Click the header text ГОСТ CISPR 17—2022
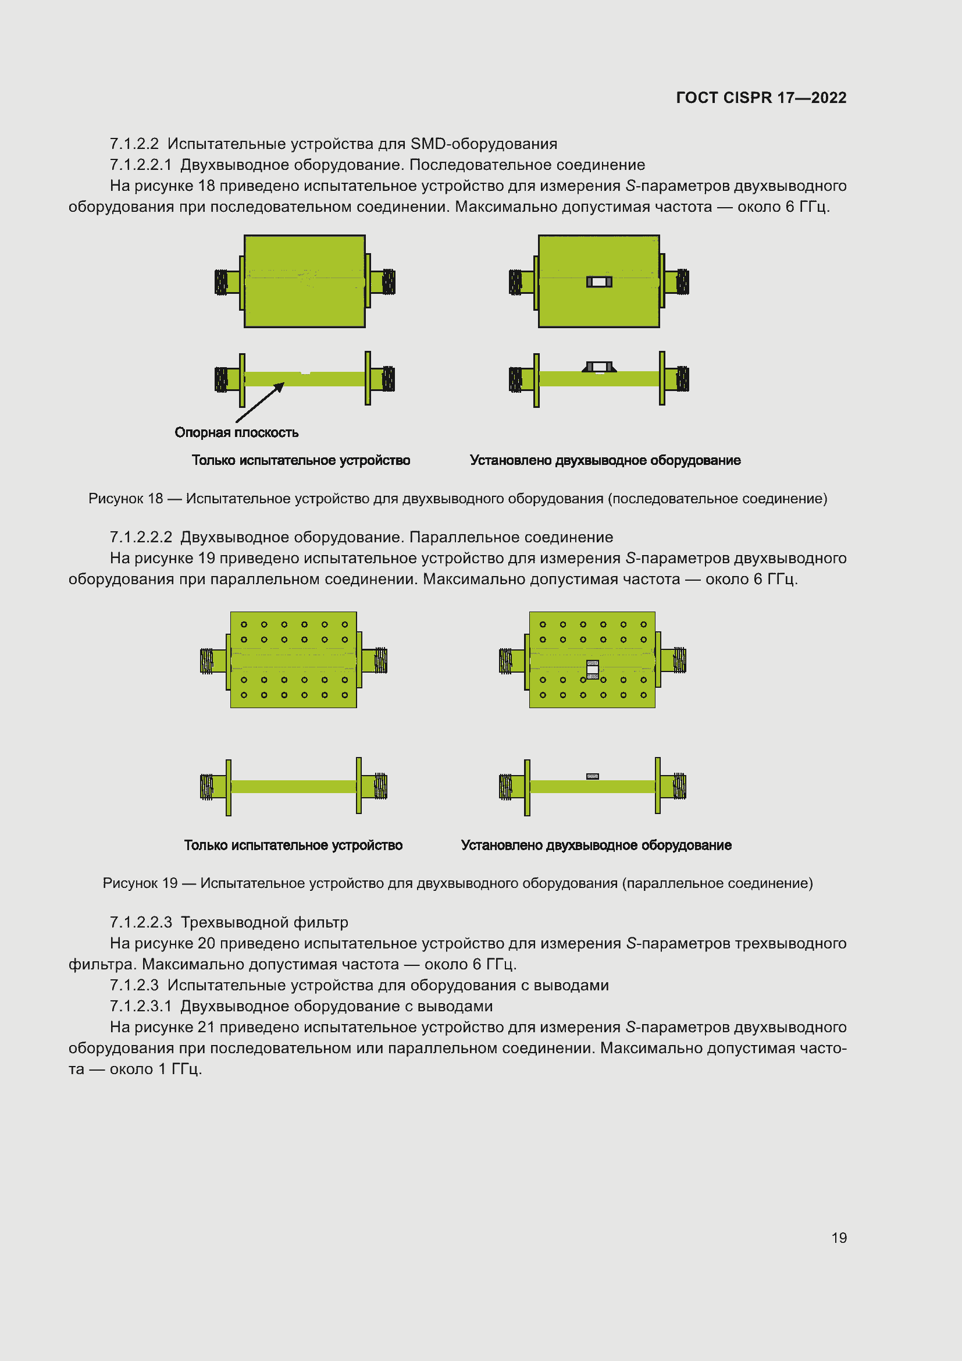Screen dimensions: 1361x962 [x=761, y=98]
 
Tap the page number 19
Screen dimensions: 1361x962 [x=839, y=1237]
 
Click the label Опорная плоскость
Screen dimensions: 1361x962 [x=236, y=433]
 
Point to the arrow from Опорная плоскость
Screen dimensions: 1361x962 [x=260, y=403]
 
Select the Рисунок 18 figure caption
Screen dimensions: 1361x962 [x=457, y=499]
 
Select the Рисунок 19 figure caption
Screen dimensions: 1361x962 [x=457, y=883]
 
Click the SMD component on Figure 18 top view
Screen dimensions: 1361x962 [x=599, y=282]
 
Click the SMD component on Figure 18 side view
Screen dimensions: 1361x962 [x=599, y=367]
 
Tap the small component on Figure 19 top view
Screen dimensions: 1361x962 [x=592, y=669]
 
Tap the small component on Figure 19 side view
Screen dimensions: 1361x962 [x=592, y=776]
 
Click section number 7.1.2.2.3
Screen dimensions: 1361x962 [x=141, y=922]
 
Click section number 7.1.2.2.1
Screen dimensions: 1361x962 [x=140, y=165]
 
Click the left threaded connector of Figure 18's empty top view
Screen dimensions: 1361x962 [x=222, y=282]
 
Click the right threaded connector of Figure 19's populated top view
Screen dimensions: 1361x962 [x=679, y=660]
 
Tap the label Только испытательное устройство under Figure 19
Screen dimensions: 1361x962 [x=293, y=845]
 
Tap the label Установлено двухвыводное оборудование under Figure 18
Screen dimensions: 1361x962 [x=605, y=461]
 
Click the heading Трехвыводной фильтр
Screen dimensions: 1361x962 [x=264, y=922]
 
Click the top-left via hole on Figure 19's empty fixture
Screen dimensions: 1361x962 [x=244, y=624]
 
